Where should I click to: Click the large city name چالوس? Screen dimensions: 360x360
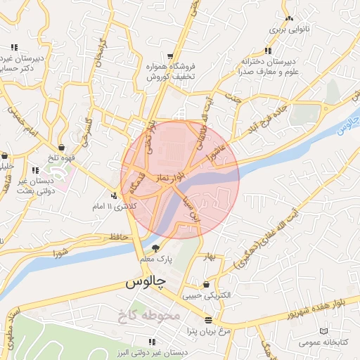pyautogui.click(x=146, y=283)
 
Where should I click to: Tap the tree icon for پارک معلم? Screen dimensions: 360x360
pyautogui.click(x=156, y=247)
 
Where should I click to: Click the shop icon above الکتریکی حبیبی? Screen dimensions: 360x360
pyautogui.click(x=206, y=285)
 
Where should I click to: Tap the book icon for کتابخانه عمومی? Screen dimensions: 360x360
pyautogui.click(x=323, y=330)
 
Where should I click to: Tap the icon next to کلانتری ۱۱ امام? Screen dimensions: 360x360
pyautogui.click(x=114, y=195)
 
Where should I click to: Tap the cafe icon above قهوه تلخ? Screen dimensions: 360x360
pyautogui.click(x=63, y=148)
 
